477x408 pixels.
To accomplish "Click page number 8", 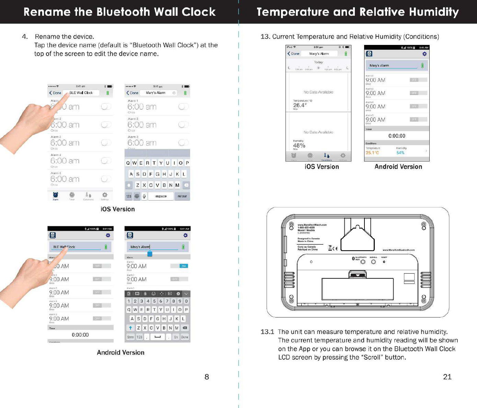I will pyautogui.click(x=207, y=377).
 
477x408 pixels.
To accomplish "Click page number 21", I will pyautogui.click(x=447, y=377).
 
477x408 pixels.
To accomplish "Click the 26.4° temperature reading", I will pyautogui.click(x=300, y=105).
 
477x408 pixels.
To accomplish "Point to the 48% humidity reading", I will pyautogui.click(x=299, y=145).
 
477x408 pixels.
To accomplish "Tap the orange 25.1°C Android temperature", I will pyautogui.click(x=372, y=153).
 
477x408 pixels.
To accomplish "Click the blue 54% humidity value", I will pyautogui.click(x=400, y=153).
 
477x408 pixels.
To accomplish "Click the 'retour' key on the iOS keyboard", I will pyautogui.click(x=182, y=196).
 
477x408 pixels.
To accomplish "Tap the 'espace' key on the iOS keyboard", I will pyautogui.click(x=161, y=196).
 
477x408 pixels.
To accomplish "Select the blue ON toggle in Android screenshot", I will pyautogui.click(x=184, y=266).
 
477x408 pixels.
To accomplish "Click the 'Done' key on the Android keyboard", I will pyautogui.click(x=185, y=337).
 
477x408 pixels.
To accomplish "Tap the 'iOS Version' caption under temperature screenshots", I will pyautogui.click(x=322, y=167).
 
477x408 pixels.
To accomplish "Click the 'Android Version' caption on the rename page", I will pyautogui.click(x=120, y=352).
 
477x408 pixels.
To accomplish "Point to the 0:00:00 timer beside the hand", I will pyautogui.click(x=80, y=335).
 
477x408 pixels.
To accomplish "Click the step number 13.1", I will pyautogui.click(x=267, y=332).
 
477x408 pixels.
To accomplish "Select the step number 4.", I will pyautogui.click(x=25, y=37).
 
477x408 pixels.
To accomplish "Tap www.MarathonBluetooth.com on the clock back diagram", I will pyautogui.click(x=398, y=250).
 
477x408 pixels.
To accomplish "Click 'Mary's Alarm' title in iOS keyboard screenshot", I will pyautogui.click(x=155, y=93).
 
